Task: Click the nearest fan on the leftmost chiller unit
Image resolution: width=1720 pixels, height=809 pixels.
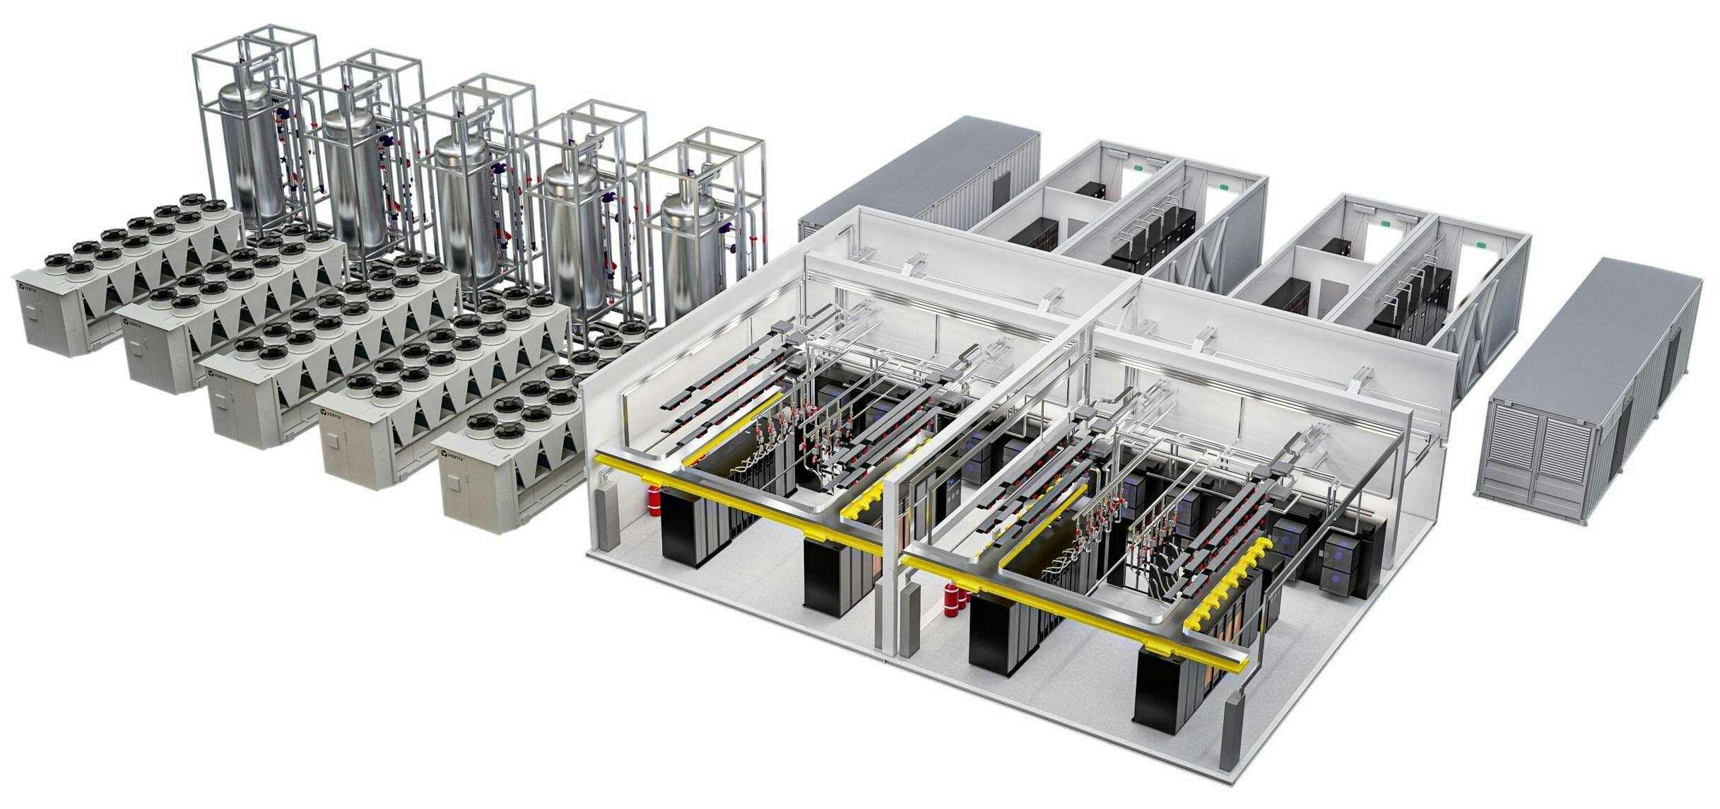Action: pyautogui.click(x=59, y=268)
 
